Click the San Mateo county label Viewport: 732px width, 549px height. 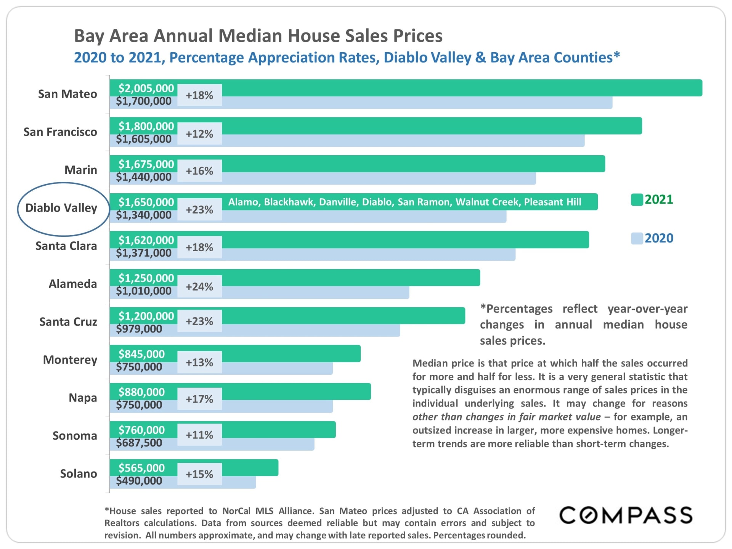point(67,94)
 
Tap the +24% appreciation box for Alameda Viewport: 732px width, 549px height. point(199,286)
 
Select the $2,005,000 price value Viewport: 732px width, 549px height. point(146,88)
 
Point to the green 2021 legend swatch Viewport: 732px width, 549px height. point(637,200)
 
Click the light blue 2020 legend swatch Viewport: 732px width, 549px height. point(637,238)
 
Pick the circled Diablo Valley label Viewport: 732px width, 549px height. point(61,208)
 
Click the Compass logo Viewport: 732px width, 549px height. point(626,515)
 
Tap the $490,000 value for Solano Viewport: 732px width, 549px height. point(139,481)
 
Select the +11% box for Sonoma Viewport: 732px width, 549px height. point(199,435)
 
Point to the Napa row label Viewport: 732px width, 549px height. point(83,398)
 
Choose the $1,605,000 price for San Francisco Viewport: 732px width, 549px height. point(144,139)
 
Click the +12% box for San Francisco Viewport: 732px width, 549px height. point(199,134)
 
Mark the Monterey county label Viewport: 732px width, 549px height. point(70,360)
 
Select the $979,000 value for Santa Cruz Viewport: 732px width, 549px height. point(139,329)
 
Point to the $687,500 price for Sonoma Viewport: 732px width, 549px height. point(139,443)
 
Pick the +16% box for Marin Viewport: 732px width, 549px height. point(199,171)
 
